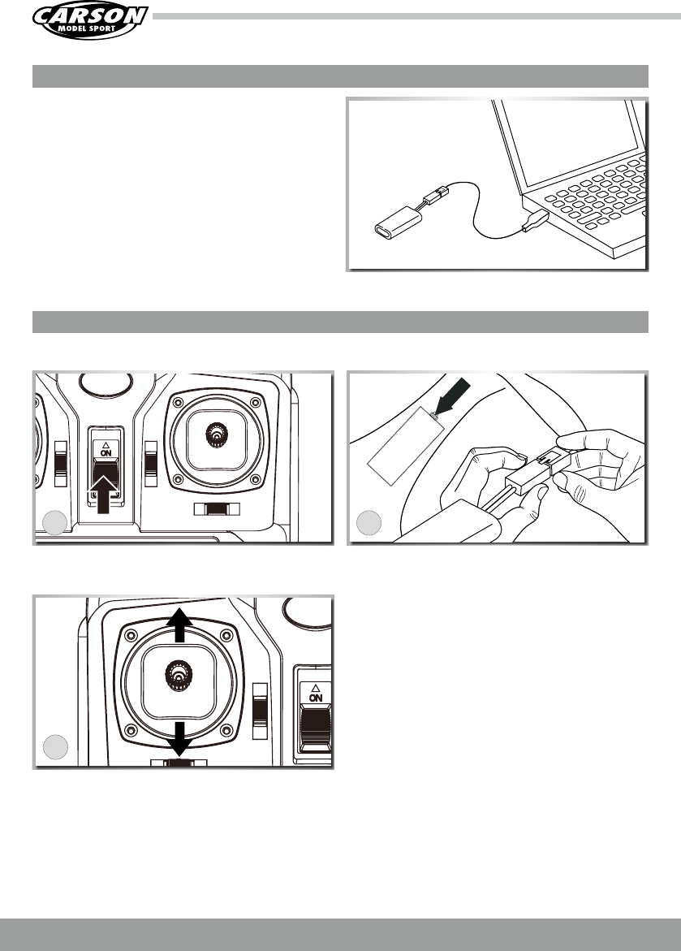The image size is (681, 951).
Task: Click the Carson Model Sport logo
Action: pyautogui.click(x=90, y=21)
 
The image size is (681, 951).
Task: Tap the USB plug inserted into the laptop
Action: pyautogui.click(x=536, y=222)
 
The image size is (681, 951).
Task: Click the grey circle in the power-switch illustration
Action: pyautogui.click(x=55, y=523)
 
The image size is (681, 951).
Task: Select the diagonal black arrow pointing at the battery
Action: pyautogui.click(x=452, y=396)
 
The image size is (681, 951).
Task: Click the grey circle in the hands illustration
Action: pyautogui.click(x=369, y=523)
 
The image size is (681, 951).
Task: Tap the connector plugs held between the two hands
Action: pyautogui.click(x=537, y=472)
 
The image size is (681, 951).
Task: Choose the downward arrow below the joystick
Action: pyautogui.click(x=179, y=739)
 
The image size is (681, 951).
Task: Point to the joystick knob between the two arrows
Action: pyautogui.click(x=179, y=674)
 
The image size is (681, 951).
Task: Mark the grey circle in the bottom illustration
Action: pyautogui.click(x=55, y=746)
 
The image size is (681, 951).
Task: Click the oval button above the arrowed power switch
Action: pyautogui.click(x=106, y=382)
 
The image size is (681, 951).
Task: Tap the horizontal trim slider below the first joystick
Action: pyautogui.click(x=217, y=509)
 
